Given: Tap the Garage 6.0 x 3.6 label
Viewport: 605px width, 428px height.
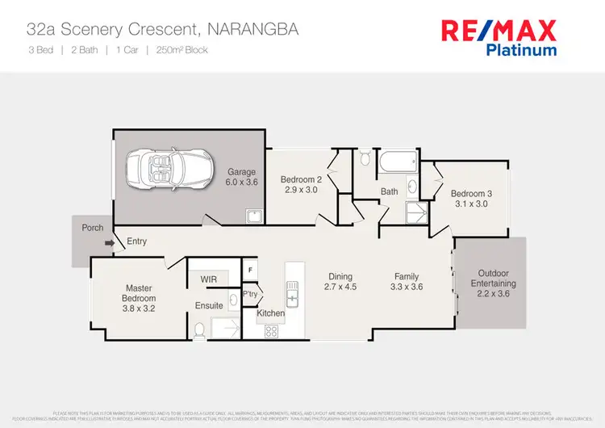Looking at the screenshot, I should [241, 178].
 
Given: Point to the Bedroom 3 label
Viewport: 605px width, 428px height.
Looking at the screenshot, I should [471, 199].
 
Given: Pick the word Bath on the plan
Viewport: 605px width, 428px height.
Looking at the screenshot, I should [390, 192].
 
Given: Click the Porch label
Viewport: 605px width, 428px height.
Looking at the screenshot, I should [93, 228].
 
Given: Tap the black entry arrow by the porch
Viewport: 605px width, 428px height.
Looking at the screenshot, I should [109, 241].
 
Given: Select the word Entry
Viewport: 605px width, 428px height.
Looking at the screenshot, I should [137, 241].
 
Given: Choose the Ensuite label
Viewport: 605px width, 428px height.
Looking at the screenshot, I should [208, 305].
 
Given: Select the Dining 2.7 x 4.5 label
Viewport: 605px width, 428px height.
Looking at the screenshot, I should [340, 281].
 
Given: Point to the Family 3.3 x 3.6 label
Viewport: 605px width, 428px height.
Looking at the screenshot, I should [407, 281].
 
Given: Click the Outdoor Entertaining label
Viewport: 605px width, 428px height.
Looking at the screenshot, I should [494, 284].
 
